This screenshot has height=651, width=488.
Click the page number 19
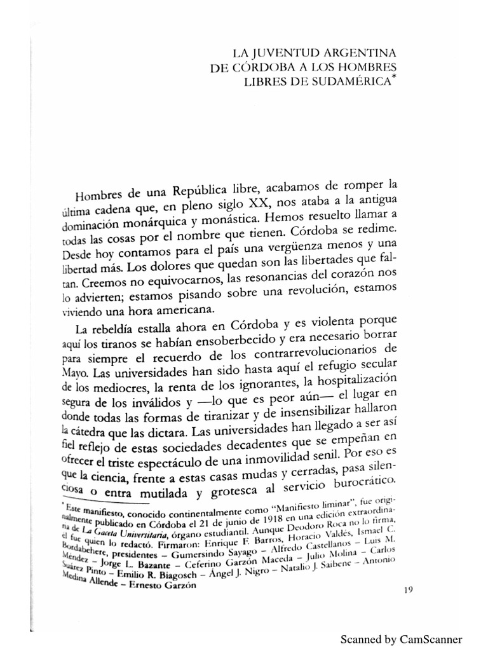click(x=409, y=589)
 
